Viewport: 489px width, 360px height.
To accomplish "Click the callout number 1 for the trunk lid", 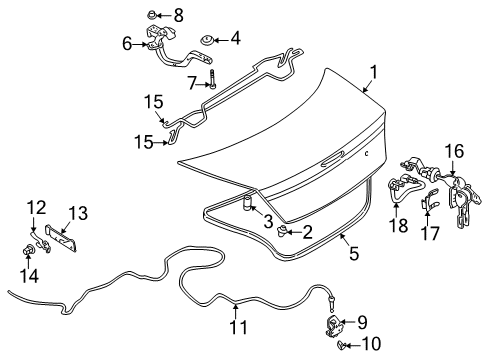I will click(x=373, y=72).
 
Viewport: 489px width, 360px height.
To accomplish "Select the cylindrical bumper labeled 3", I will click(x=245, y=207).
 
